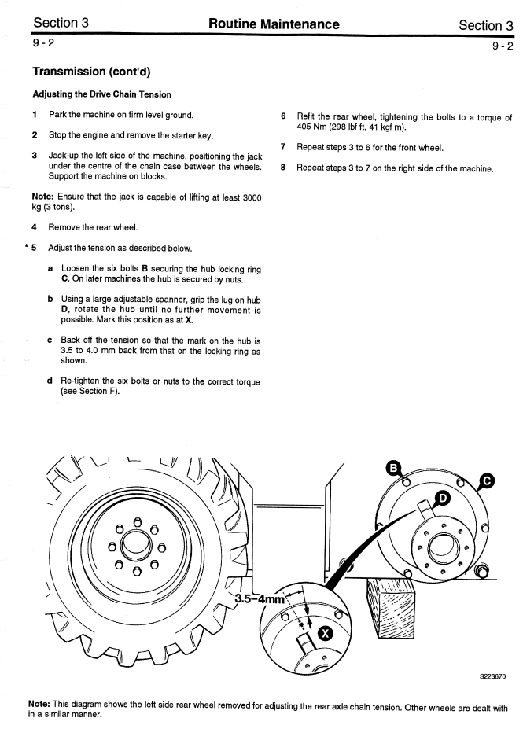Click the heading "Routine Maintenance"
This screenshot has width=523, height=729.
coord(274,24)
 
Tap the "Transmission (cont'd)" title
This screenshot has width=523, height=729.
coord(91,72)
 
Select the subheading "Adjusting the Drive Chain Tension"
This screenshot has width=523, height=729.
coord(101,94)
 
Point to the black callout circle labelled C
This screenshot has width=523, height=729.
coord(487,480)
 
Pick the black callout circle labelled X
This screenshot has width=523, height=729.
coord(324,633)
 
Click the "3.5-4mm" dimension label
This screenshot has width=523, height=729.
coord(259,599)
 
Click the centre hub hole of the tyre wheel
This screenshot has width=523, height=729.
coord(137,543)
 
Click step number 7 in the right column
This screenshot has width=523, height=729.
coord(282,148)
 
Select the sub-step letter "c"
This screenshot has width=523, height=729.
coord(50,341)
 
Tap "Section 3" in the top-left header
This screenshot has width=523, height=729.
coord(60,24)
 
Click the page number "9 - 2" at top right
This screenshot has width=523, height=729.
coord(503,46)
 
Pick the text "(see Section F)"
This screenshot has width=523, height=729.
coord(90,391)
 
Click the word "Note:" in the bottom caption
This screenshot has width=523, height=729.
coord(39,706)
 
